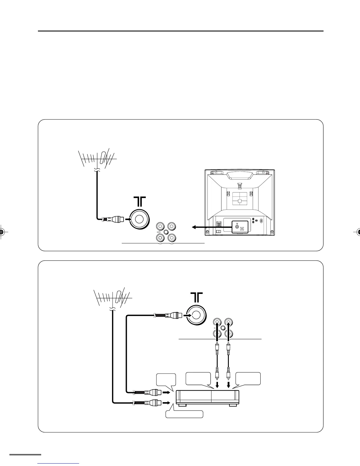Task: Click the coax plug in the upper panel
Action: click(x=113, y=219)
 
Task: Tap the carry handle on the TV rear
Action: click(x=240, y=176)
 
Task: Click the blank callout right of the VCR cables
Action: click(x=248, y=378)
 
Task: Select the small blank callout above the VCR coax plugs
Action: click(x=166, y=379)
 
